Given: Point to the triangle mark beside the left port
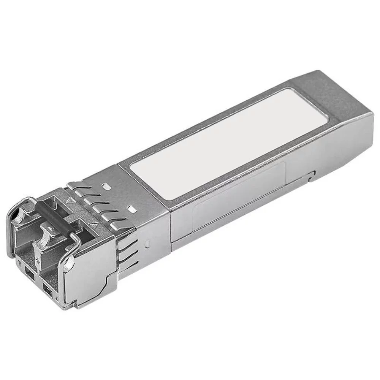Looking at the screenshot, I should (70, 199).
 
